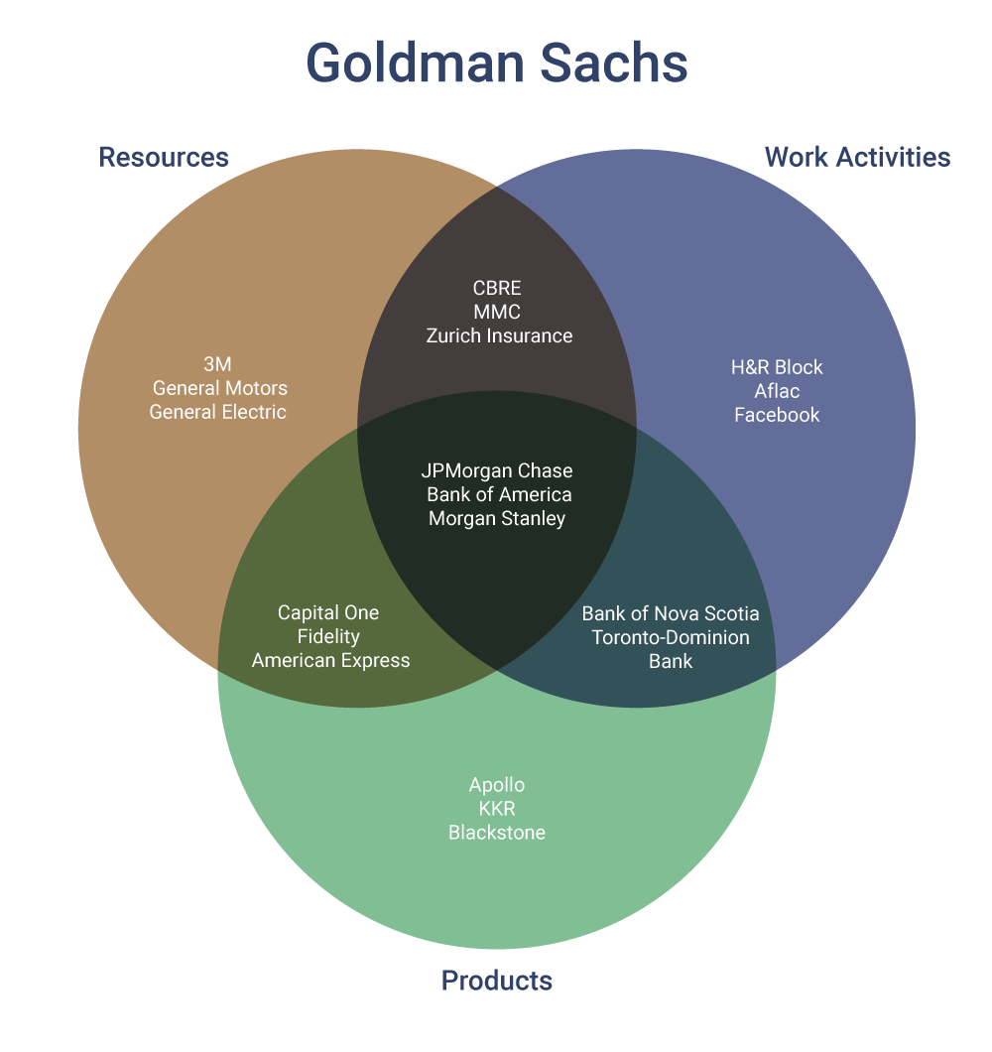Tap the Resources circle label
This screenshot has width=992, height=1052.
point(164,157)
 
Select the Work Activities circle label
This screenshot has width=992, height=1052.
point(857,157)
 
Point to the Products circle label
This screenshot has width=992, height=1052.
point(496,981)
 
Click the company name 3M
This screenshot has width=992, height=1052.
point(217,364)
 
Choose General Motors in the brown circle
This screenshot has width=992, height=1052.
point(219,388)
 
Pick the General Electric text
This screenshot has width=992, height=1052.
point(217,412)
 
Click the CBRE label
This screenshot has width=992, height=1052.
point(497,288)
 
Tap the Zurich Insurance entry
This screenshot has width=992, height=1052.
point(499,335)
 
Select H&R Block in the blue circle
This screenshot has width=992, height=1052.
point(777,367)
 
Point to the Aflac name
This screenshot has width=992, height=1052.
point(777,391)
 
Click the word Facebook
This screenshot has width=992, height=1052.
point(777,415)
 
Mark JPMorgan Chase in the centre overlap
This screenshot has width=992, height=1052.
point(497,470)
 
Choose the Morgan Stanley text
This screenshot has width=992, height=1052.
point(497,518)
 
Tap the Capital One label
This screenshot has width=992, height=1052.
point(328,613)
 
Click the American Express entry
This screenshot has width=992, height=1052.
point(330,661)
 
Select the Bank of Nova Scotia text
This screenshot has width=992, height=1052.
point(671,613)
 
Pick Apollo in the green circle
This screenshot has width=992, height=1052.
point(497,785)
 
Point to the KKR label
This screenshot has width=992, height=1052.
point(497,809)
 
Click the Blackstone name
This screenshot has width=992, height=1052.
point(497,833)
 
